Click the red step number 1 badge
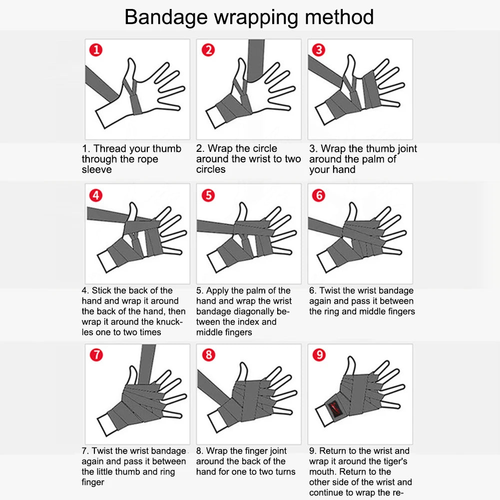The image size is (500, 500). [96, 50]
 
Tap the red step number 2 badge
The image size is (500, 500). [208, 50]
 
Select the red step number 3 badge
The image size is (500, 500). [319, 50]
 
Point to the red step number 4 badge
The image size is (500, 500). [96, 195]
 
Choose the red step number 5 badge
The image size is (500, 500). [208, 195]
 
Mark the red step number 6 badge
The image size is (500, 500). [319, 195]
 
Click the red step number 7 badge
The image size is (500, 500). [96, 355]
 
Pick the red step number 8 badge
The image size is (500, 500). [208, 355]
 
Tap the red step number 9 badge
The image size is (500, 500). [319, 355]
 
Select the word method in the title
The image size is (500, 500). [339, 17]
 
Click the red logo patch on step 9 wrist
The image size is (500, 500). [334, 408]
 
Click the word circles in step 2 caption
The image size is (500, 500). [210, 170]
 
